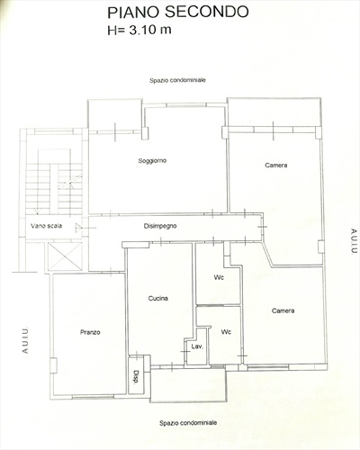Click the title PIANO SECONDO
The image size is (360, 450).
coord(178,13)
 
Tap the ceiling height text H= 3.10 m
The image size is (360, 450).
coord(139,30)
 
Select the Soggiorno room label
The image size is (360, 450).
coord(152,161)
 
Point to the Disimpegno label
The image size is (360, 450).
coord(160,226)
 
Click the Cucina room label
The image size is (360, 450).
coord(158,298)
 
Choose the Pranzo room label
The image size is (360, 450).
coord(90,332)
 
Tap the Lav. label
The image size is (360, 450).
coord(197,346)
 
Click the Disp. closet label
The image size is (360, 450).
coord(136,377)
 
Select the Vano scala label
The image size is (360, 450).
coord(46,226)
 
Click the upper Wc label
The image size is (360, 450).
coord(219,277)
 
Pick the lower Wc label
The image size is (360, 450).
coord(226,332)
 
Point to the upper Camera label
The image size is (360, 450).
coord(276,165)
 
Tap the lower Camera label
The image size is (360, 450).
coord(283,310)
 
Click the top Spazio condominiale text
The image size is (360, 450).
coord(177,80)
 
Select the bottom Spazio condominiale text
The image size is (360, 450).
coord(188,423)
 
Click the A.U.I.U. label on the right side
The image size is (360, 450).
coord(354,241)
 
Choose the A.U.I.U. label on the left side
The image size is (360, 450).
coord(25,340)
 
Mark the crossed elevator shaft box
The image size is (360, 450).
coord(65,256)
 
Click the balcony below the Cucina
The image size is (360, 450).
coord(188,385)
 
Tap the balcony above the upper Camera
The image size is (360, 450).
coord(274,112)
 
